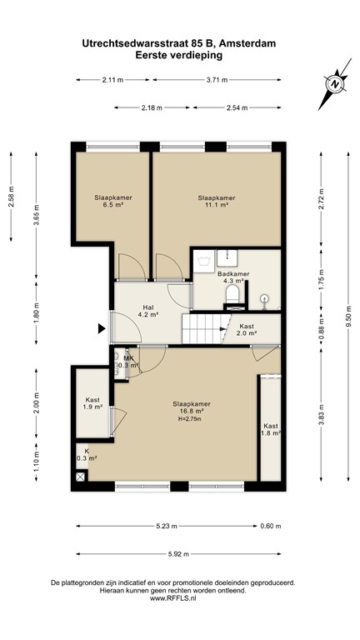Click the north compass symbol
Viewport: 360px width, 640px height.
(333, 85)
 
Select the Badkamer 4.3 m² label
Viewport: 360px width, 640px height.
(231, 277)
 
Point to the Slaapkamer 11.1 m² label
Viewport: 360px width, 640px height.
(216, 201)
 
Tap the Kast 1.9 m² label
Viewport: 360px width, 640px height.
(92, 403)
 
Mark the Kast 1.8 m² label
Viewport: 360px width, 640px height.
(271, 429)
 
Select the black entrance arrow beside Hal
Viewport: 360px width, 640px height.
(102, 329)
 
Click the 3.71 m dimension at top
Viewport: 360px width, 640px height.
(216, 80)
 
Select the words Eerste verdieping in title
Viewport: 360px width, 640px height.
(179, 55)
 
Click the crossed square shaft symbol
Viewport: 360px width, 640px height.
(81, 477)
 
